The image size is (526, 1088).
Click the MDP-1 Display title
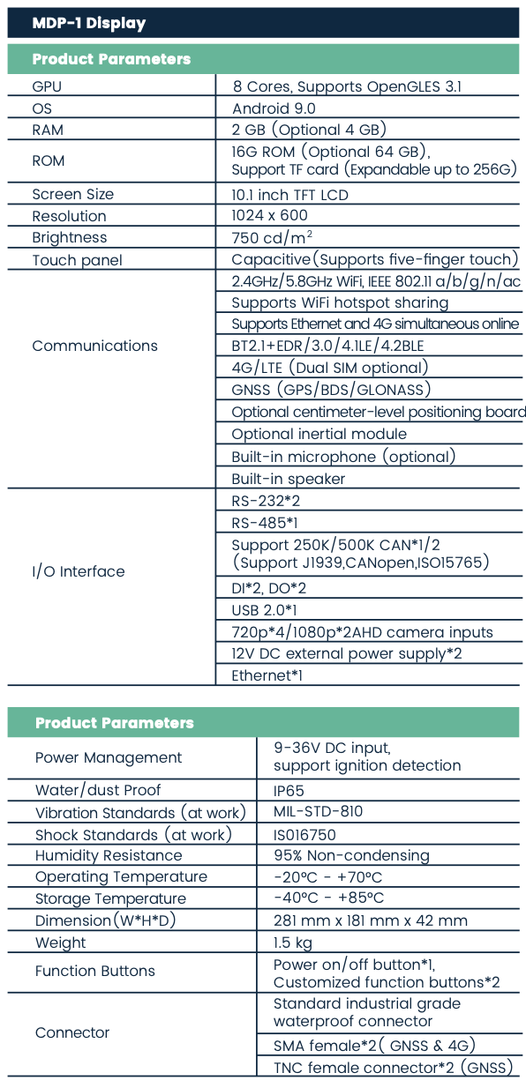click(89, 23)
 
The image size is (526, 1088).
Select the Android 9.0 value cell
click(274, 108)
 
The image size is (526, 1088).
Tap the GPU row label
click(47, 86)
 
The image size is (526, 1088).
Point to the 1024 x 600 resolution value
click(269, 215)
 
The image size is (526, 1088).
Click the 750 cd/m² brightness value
click(272, 237)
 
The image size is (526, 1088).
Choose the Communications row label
click(94, 346)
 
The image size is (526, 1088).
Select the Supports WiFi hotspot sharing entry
click(340, 302)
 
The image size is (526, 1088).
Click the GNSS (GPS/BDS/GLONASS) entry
click(331, 390)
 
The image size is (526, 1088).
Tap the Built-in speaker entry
click(289, 479)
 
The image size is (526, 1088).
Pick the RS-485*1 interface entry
click(265, 523)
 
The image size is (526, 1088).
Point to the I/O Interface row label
click(79, 571)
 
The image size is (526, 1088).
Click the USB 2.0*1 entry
click(264, 610)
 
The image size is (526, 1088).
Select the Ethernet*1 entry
click(267, 675)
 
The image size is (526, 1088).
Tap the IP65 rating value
click(289, 791)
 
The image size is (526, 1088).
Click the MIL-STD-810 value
click(318, 812)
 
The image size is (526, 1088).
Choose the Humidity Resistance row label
click(109, 855)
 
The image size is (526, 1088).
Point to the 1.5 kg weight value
click(293, 943)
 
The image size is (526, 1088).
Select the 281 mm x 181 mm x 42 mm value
click(371, 920)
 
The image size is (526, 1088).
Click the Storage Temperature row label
click(110, 898)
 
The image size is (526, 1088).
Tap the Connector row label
click(72, 1032)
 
